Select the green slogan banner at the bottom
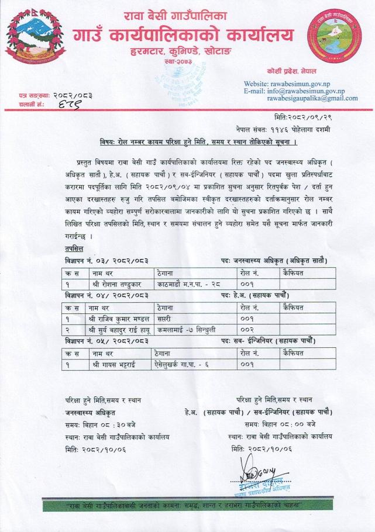[x=187, y=504]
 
